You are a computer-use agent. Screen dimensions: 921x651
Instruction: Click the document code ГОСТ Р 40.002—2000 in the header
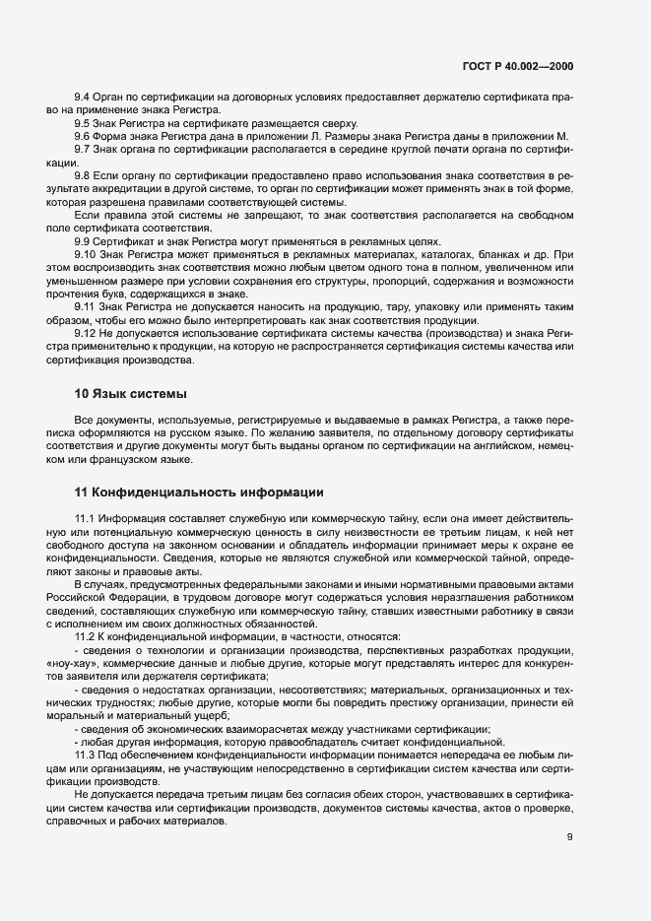coord(517,67)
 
